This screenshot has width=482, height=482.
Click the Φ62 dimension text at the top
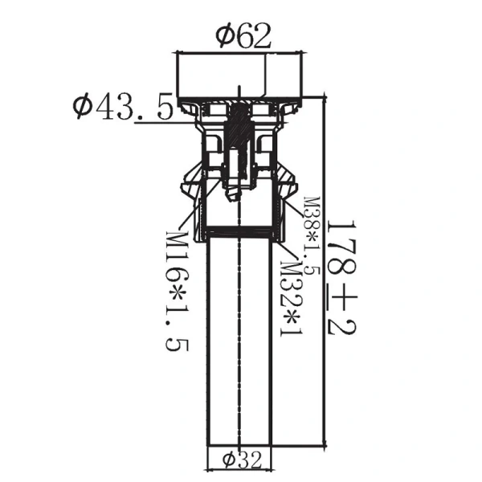click(x=243, y=35)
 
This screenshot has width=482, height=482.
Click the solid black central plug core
click(x=239, y=129)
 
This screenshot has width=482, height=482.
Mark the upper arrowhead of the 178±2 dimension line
click(x=325, y=99)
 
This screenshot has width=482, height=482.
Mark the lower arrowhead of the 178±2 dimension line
click(x=325, y=443)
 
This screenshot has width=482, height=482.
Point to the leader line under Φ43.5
click(x=153, y=123)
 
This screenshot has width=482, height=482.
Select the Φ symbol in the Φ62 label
click(x=224, y=35)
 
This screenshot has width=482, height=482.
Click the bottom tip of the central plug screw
click(x=234, y=197)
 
